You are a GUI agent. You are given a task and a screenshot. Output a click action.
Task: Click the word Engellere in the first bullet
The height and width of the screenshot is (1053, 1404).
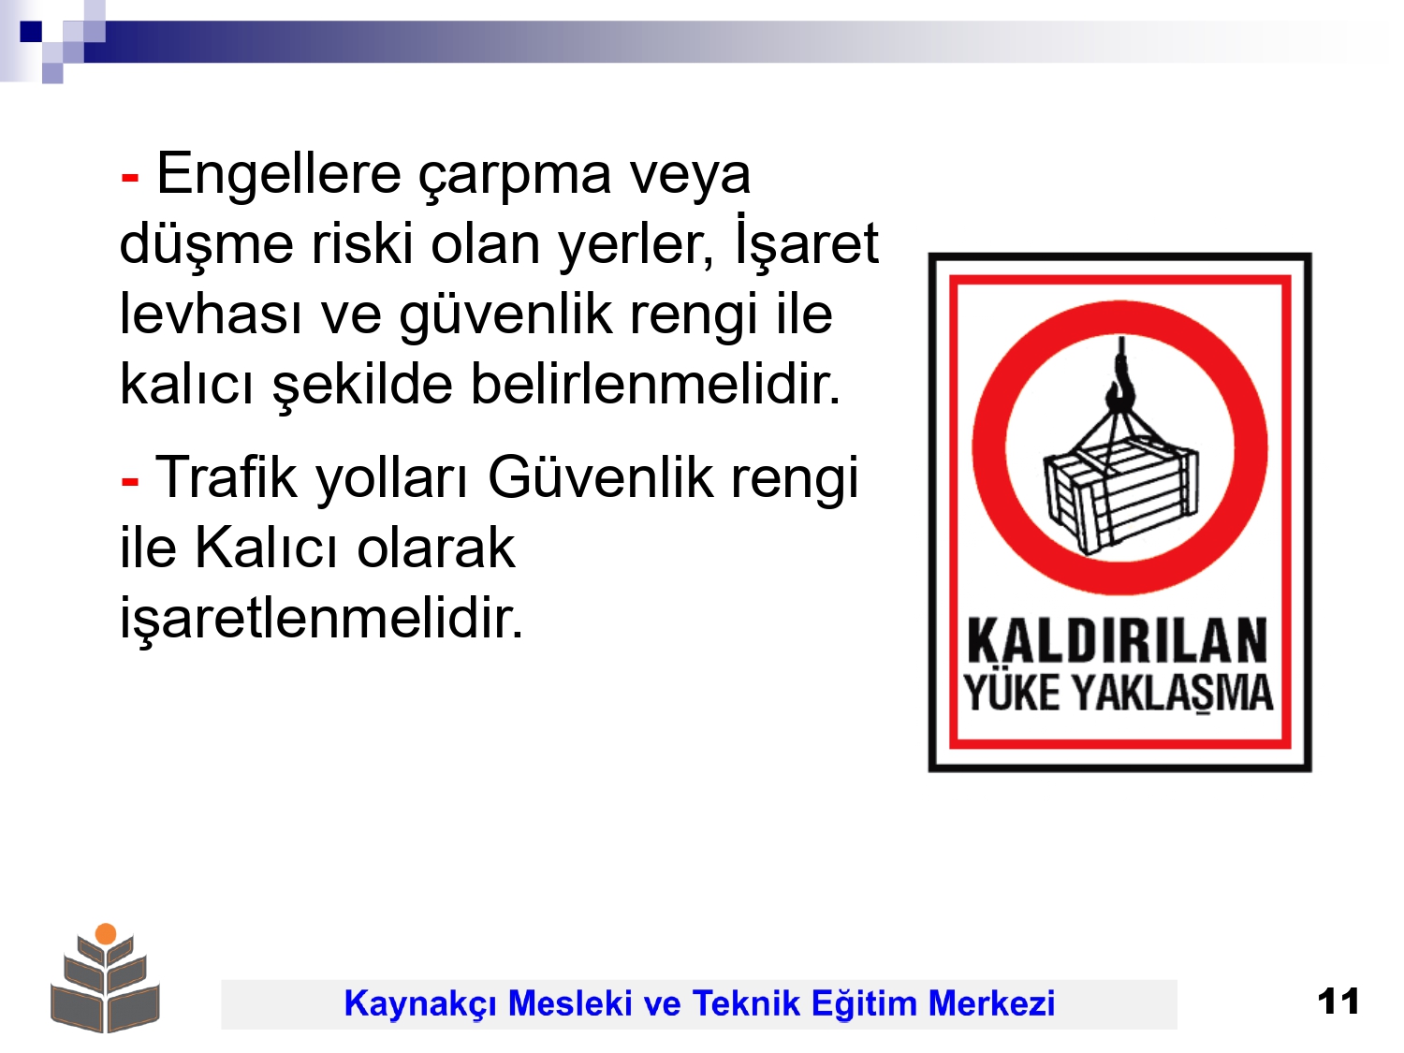pyautogui.click(x=278, y=175)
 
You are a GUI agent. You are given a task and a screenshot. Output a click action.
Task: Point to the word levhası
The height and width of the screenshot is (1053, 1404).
pyautogui.click(x=211, y=314)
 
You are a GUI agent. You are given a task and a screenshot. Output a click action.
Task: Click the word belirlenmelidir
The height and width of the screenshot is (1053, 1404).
pyautogui.click(x=655, y=384)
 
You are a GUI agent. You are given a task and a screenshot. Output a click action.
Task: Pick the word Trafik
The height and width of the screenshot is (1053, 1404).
pyautogui.click(x=226, y=476)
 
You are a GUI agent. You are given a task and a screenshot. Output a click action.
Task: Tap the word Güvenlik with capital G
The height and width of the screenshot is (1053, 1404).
pyautogui.click(x=600, y=476)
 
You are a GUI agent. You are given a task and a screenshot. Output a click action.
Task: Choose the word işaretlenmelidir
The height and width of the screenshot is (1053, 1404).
pyautogui.click(x=322, y=616)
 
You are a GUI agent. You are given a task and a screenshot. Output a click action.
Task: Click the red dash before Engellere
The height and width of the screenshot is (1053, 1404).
pyautogui.click(x=130, y=177)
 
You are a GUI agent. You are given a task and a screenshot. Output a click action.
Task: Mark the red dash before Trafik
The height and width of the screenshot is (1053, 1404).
pyautogui.click(x=130, y=480)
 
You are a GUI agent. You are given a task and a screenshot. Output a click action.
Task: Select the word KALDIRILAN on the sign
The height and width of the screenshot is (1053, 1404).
pyautogui.click(x=1117, y=640)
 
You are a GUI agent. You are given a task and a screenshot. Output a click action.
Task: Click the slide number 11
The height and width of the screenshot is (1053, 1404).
pyautogui.click(x=1338, y=1001)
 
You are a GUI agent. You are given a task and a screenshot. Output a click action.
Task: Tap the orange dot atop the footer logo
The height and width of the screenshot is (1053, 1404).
pyautogui.click(x=106, y=933)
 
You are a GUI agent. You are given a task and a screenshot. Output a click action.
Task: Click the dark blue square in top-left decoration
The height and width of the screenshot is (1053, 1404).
pyautogui.click(x=31, y=32)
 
